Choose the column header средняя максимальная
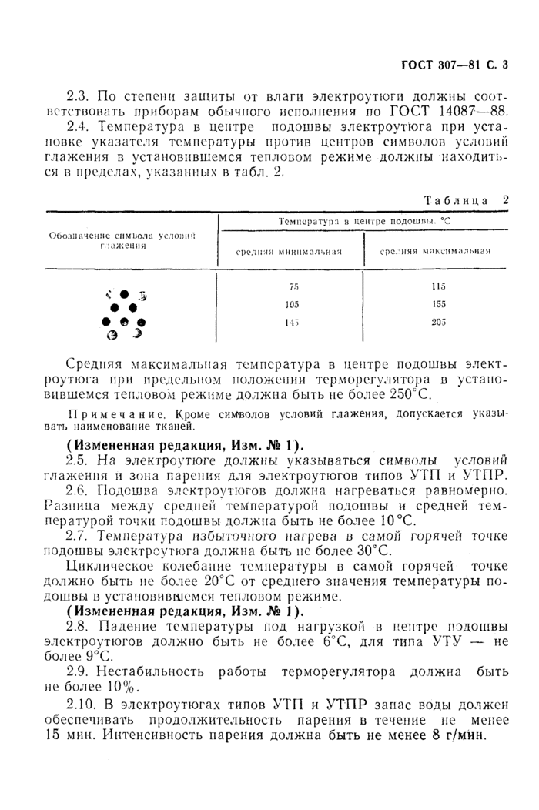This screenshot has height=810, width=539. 436,250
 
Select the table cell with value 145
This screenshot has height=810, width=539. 293,322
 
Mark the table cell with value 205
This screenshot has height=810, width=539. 439,322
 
